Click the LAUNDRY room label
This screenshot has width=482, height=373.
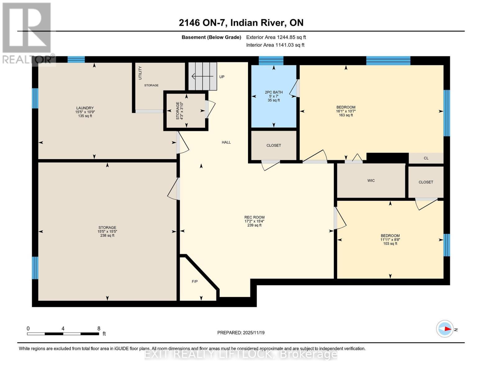85,108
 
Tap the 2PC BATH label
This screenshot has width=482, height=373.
273,92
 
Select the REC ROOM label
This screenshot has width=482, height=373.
254,218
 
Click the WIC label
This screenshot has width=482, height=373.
371,181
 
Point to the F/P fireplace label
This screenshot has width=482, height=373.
195,282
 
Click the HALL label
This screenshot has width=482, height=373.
226,142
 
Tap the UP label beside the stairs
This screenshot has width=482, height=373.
222,77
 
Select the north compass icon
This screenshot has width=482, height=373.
445,329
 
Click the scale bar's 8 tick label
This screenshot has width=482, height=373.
99,329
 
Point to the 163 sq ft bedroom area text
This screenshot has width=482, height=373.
346,115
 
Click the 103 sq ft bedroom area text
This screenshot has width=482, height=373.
390,244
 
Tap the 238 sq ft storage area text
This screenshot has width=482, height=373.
107,236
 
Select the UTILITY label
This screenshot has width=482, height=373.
140,73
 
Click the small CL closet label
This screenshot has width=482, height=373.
426,158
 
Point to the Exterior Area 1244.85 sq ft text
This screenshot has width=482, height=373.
276,37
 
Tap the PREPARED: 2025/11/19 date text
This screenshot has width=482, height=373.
241,333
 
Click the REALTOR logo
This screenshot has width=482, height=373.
27,33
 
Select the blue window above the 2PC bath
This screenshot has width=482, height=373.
271,60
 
